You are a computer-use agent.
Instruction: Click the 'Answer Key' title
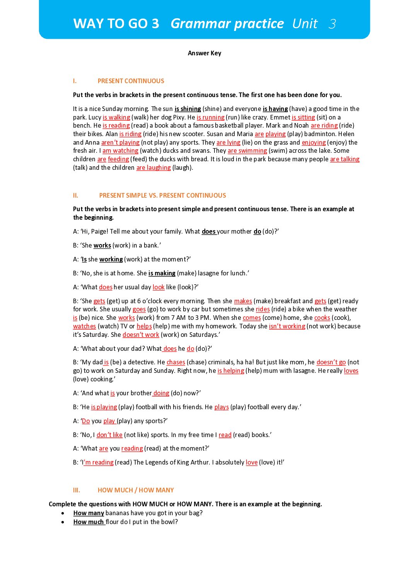tap(204, 53)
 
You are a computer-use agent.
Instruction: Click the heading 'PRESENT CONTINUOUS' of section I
tap(131, 81)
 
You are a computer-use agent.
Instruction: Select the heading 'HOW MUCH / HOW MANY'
tap(136, 490)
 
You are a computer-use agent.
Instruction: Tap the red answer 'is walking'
tap(116, 118)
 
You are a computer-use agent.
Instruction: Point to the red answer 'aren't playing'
tap(120, 143)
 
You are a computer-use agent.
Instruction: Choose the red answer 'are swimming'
tap(247, 151)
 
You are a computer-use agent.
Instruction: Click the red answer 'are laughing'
tap(153, 168)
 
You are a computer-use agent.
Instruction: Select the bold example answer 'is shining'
tap(187, 109)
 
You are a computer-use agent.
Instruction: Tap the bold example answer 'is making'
tap(162, 273)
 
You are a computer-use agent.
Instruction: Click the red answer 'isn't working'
tap(287, 326)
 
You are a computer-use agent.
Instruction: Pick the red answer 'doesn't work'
tap(141, 335)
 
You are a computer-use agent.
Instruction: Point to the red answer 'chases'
tap(176, 362)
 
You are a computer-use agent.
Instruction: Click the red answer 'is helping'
tap(230, 371)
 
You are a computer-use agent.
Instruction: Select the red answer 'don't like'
tap(109, 435)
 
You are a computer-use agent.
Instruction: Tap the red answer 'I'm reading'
tap(98, 463)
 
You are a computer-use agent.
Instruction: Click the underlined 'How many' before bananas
tap(89, 513)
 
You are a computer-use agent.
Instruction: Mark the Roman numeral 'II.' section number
tap(75, 196)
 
